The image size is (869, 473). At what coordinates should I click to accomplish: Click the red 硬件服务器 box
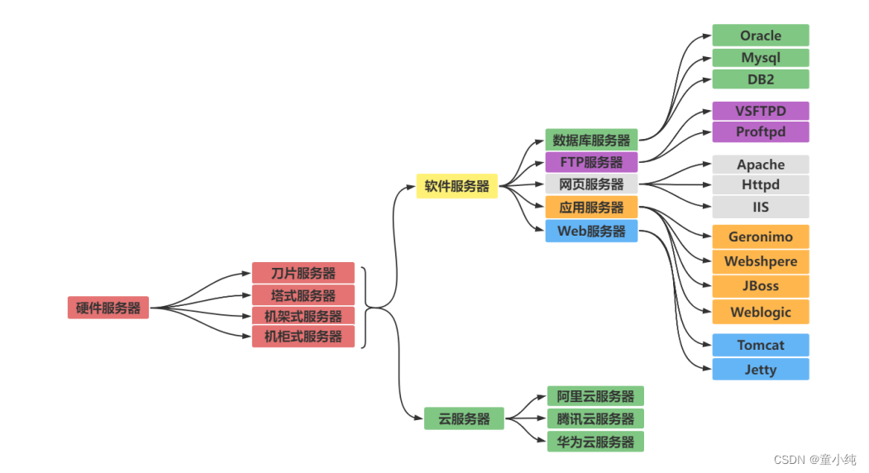tap(108, 308)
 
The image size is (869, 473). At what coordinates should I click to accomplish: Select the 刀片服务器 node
tap(303, 273)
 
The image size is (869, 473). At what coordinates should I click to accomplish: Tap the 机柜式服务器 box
tap(303, 337)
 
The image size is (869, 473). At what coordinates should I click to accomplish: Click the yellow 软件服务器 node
tap(457, 186)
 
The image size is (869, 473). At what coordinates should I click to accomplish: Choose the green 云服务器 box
tap(464, 418)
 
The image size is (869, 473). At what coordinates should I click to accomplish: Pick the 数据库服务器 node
tap(591, 140)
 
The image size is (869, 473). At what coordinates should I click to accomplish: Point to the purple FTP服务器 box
tap(591, 162)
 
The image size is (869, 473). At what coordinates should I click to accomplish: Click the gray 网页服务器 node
tap(591, 184)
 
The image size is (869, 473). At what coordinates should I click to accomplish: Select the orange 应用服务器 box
tap(591, 208)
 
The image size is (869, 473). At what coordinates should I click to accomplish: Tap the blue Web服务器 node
tap(591, 231)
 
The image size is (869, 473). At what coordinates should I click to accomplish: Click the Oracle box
tap(761, 36)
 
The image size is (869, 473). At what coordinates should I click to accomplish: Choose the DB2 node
tap(761, 79)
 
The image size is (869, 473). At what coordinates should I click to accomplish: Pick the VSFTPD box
tap(761, 111)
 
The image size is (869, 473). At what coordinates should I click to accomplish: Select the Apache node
tap(761, 165)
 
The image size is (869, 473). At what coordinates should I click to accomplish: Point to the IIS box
tap(761, 207)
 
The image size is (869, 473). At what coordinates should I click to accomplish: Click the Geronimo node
tap(761, 236)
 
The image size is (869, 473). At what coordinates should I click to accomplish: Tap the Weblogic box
tap(761, 312)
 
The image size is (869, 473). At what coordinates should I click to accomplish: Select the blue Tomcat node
tap(761, 345)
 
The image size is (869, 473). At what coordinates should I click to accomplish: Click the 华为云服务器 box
tap(595, 442)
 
